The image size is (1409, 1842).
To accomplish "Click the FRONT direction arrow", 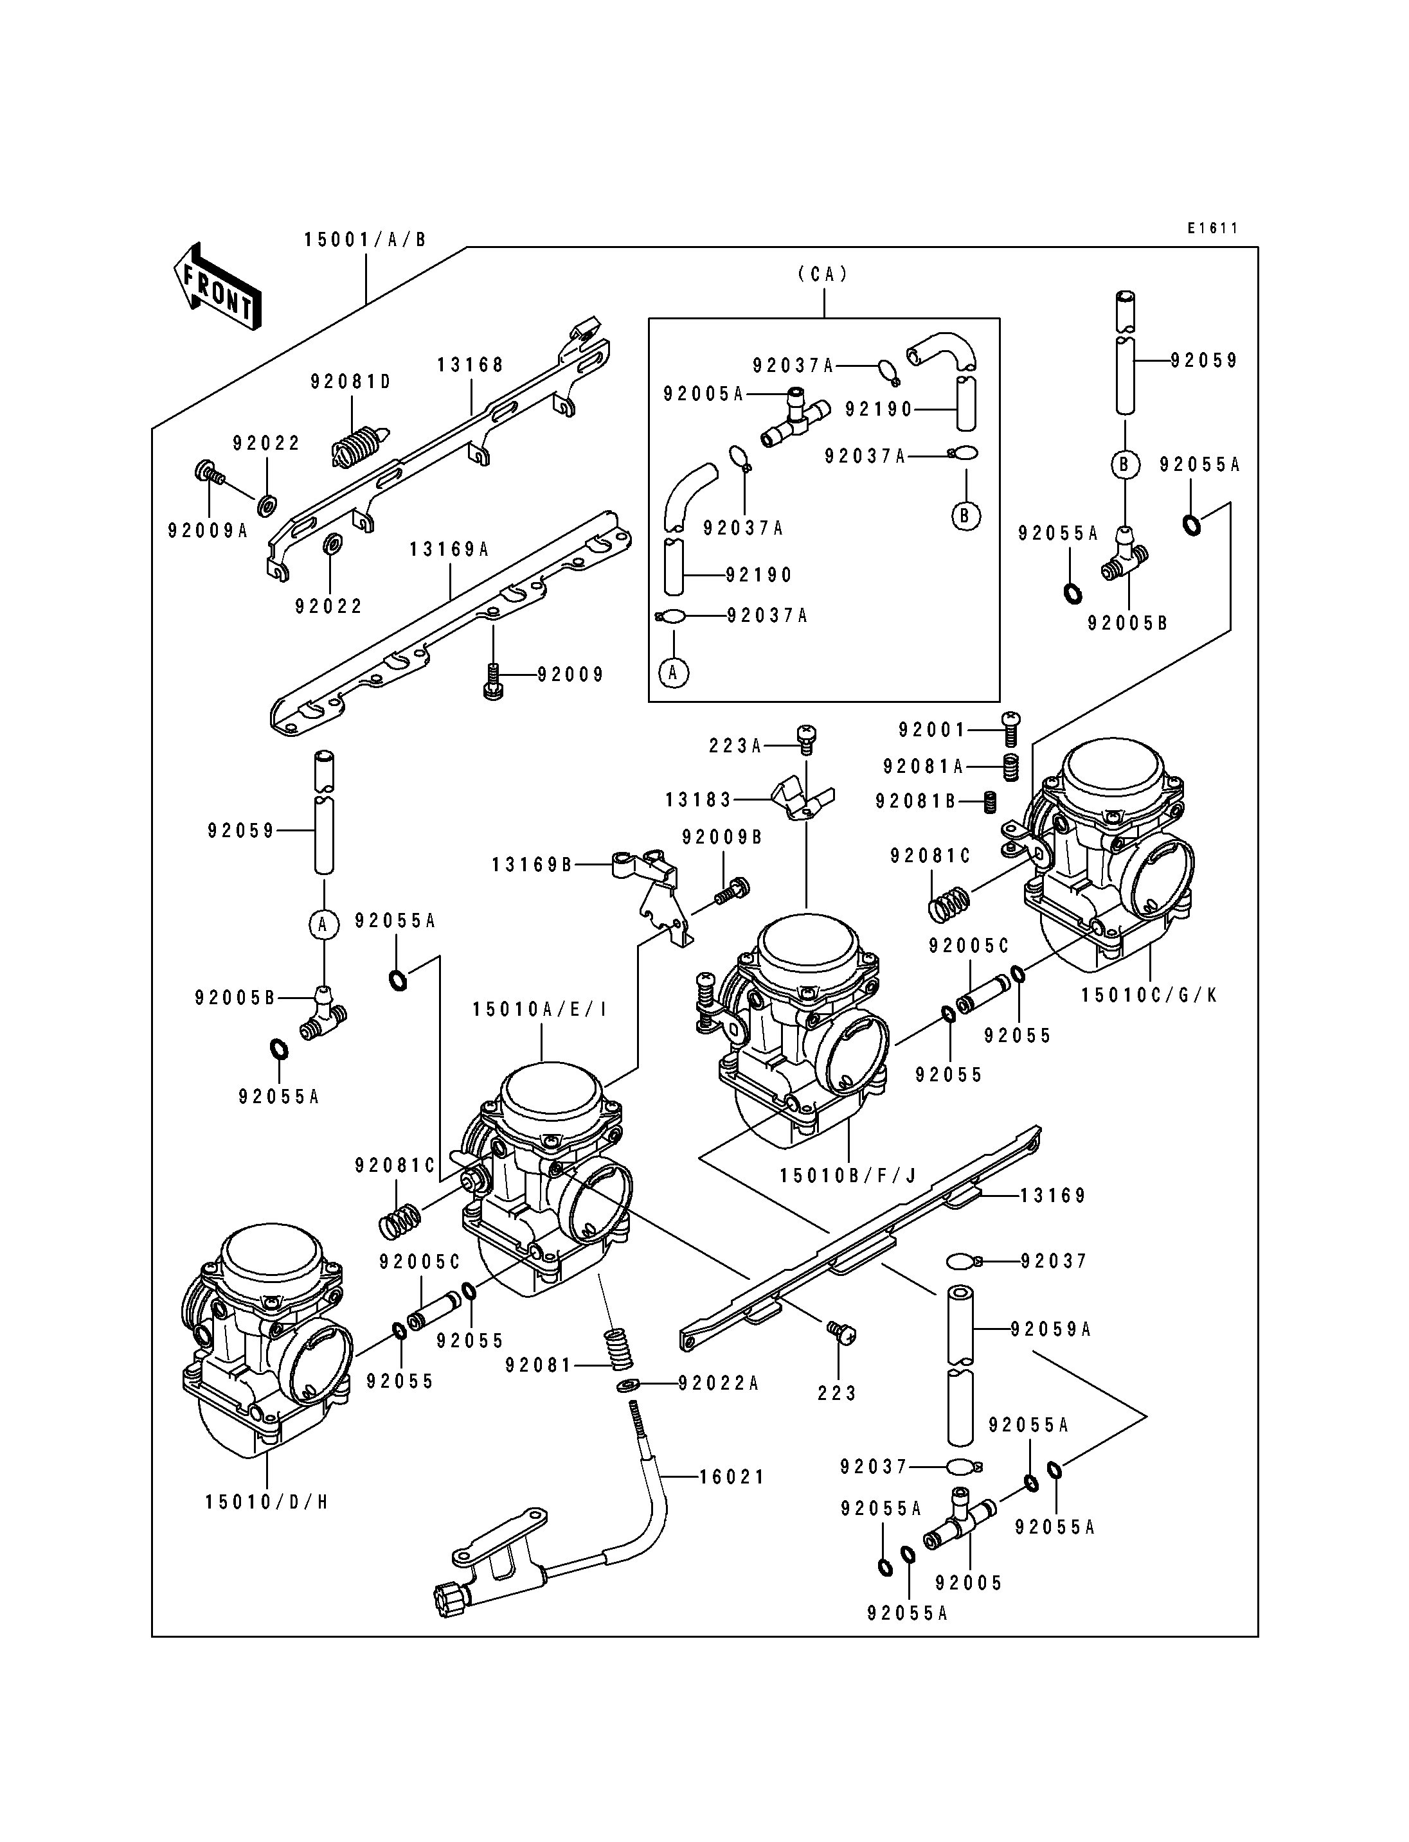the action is [x=217, y=287].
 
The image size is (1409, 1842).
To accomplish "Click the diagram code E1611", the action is [x=1213, y=228].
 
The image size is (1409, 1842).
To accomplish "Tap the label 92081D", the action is [x=352, y=382].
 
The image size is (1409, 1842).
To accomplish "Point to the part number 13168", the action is [x=471, y=365].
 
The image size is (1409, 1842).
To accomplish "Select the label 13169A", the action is [x=449, y=549].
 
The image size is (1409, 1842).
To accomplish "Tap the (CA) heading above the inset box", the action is [x=823, y=273].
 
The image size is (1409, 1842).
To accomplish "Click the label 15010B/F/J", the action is [x=847, y=1176].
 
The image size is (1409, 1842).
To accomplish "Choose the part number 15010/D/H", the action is [x=267, y=1501].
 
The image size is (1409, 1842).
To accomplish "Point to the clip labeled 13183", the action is [x=802, y=799].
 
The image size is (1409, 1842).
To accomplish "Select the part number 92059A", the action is [x=1051, y=1329].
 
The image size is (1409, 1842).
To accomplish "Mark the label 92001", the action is [x=933, y=731].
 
